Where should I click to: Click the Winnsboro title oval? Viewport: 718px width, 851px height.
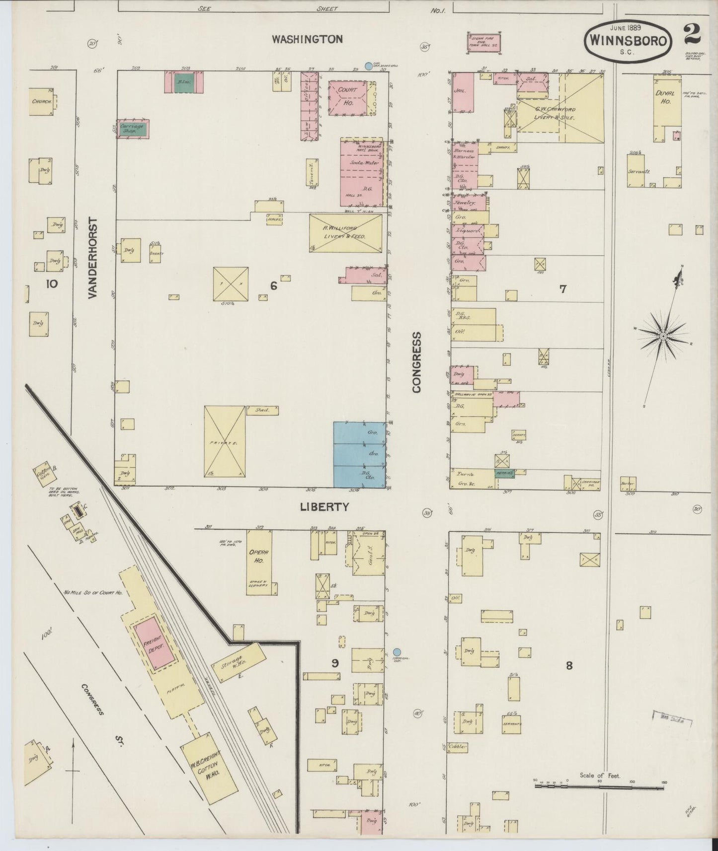click(629, 41)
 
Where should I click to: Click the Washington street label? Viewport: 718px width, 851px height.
click(307, 39)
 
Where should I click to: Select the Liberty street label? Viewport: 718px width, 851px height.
click(324, 507)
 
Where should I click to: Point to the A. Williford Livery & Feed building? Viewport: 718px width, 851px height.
click(345, 233)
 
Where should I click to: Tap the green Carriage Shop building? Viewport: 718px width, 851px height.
click(133, 129)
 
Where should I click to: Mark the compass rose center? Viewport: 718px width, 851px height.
click(662, 337)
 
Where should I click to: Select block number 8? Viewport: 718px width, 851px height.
click(569, 665)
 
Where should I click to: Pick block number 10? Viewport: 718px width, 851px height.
click(52, 284)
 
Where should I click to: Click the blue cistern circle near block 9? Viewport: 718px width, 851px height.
click(397, 652)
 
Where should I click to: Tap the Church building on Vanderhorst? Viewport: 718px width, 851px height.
click(42, 102)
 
